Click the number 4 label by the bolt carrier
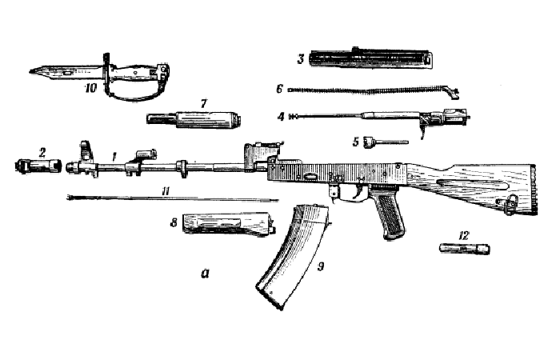click(281, 117)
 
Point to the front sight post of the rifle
click(83, 148)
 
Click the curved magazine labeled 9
click(292, 256)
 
